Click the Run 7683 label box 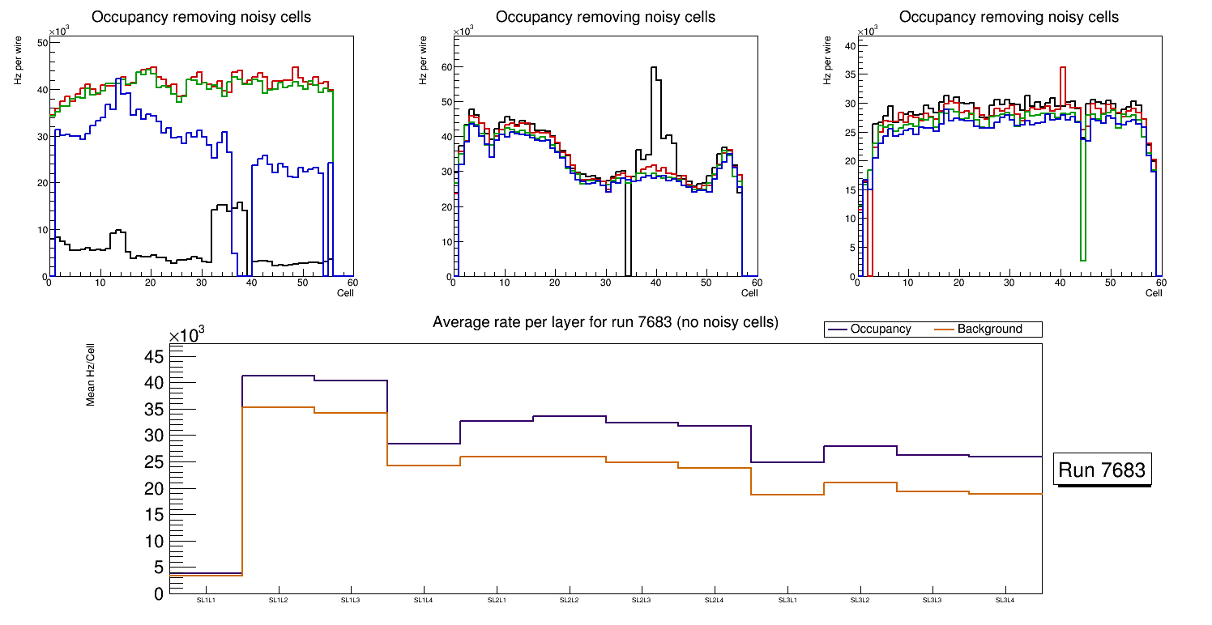(x=1102, y=470)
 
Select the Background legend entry (x=989, y=330)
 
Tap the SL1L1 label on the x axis (x=206, y=600)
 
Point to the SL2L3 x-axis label (x=642, y=600)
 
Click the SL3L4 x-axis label (x=1005, y=600)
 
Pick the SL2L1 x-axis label (x=497, y=600)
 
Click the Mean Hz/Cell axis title (x=92, y=377)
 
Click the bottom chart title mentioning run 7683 (x=605, y=322)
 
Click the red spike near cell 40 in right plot (x=1063, y=69)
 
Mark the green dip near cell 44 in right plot (x=1082, y=259)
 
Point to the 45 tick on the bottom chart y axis (x=154, y=357)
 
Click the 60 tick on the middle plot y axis (x=443, y=67)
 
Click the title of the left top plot (x=201, y=17)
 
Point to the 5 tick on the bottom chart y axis (x=159, y=568)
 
